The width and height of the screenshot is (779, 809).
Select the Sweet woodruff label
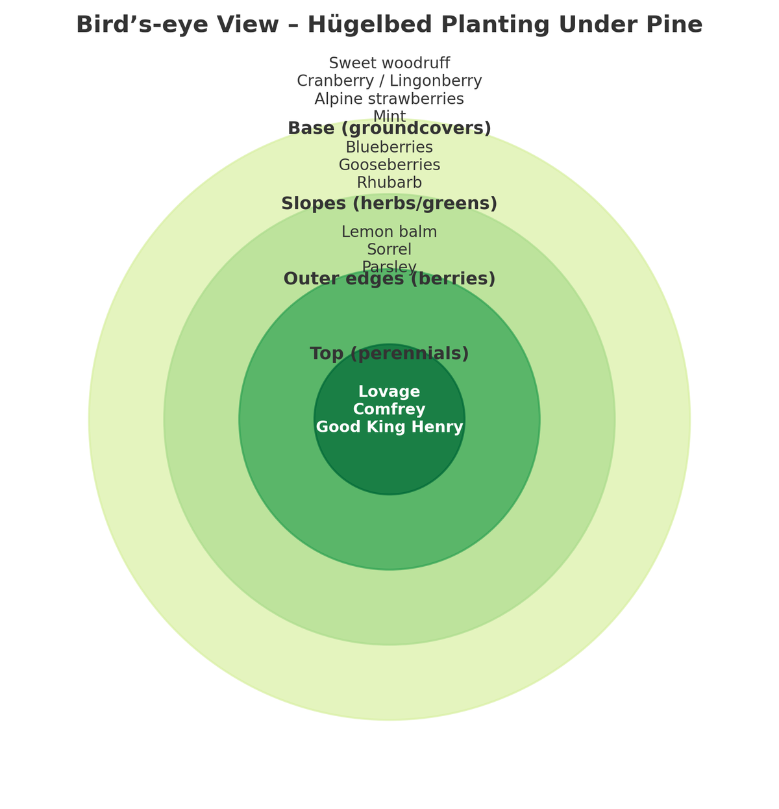[389, 63]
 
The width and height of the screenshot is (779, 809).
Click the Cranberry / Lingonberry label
[389, 81]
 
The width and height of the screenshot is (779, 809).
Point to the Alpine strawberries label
[389, 99]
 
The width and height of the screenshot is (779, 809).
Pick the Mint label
[389, 116]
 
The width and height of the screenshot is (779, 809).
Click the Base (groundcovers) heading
[389, 129]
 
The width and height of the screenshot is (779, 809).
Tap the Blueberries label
[389, 147]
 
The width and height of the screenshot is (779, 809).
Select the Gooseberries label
[389, 165]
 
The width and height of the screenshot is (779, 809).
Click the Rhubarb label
[389, 182]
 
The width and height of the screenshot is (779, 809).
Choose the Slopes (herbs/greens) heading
[389, 204]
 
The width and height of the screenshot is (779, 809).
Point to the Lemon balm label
[389, 232]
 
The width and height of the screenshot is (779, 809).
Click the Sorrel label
[389, 249]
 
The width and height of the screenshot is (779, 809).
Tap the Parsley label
[389, 266]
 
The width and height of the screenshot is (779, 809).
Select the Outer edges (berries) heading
[389, 279]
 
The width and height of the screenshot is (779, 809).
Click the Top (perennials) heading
[389, 354]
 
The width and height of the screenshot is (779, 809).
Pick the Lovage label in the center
[389, 392]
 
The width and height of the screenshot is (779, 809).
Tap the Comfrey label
[389, 410]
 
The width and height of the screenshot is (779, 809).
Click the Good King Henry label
[389, 427]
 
